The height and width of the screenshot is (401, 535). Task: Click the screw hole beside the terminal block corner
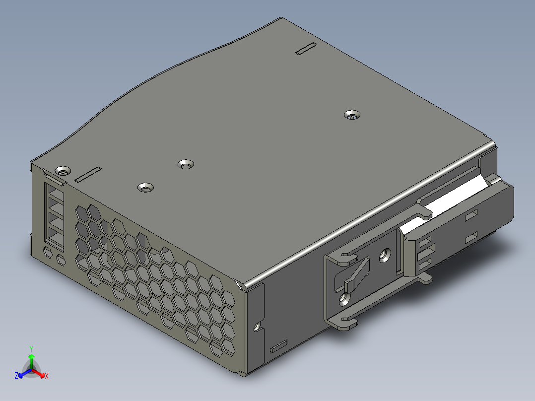[62, 171]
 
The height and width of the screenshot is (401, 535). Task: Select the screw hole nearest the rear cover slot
[352, 115]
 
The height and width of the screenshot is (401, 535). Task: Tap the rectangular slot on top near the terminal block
[88, 174]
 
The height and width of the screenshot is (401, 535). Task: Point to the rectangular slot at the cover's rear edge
[305, 49]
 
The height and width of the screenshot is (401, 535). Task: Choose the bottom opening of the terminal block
[55, 234]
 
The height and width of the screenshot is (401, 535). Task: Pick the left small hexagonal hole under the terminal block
[48, 253]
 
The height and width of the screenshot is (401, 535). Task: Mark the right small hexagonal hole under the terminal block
[61, 260]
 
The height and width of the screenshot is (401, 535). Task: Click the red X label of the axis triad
[46, 376]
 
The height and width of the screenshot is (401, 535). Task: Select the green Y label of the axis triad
[31, 349]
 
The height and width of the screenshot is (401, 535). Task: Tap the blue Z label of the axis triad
[16, 376]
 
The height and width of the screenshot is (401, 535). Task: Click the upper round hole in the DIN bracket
[384, 256]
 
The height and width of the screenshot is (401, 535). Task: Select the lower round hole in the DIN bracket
[343, 299]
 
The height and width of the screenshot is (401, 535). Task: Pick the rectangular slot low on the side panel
[278, 346]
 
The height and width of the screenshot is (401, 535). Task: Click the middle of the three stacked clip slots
[425, 254]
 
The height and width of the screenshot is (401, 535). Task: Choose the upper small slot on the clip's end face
[470, 215]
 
